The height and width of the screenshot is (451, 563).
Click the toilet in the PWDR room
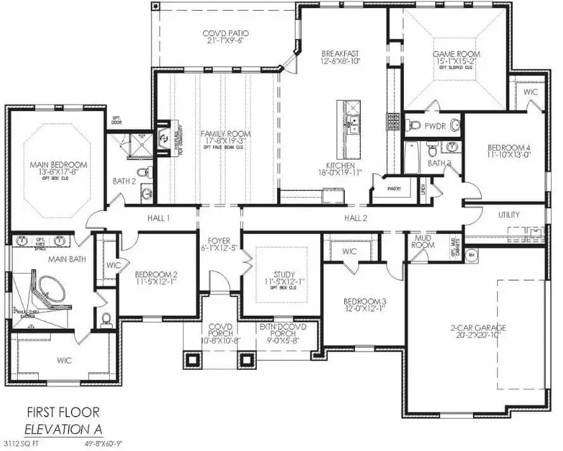point(415,125)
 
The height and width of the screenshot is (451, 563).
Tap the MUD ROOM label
point(423,241)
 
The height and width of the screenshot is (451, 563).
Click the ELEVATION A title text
point(63,429)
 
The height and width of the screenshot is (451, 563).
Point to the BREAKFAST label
point(340,54)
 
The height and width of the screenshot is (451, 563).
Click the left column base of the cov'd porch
point(193,360)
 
